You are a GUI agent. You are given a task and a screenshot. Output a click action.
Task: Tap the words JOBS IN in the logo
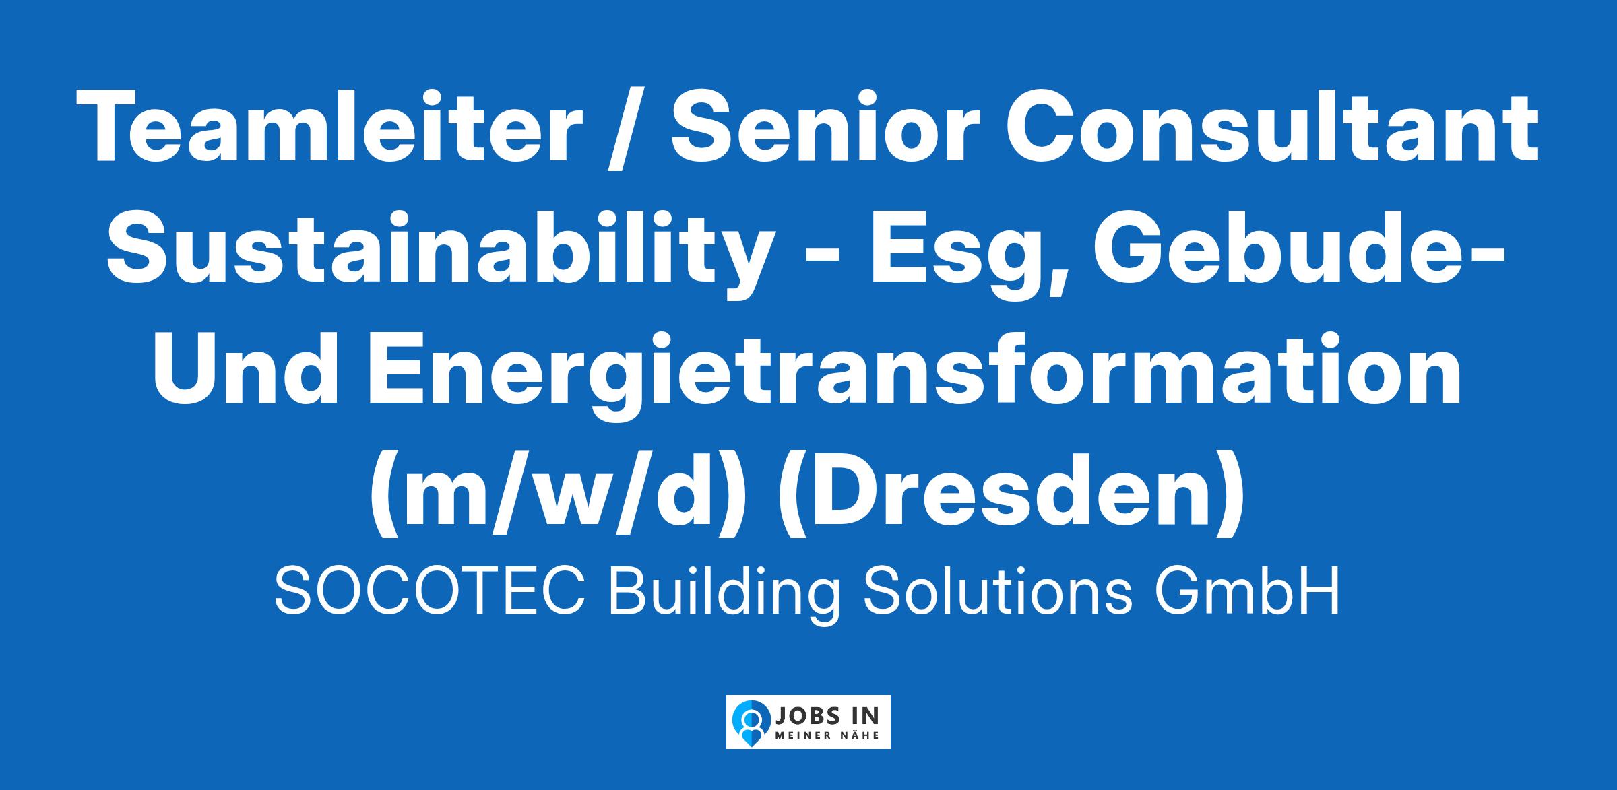click(x=828, y=715)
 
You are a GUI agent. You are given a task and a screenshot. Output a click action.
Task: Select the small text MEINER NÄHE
click(x=828, y=735)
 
